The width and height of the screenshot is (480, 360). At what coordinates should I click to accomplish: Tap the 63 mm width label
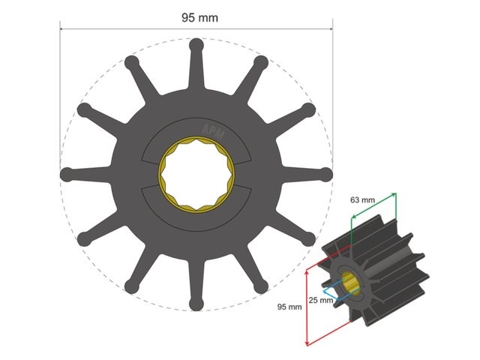click(x=362, y=201)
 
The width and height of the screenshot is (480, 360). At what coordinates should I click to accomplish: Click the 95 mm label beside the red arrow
click(x=289, y=307)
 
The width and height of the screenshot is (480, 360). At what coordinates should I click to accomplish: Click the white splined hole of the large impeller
click(x=196, y=173)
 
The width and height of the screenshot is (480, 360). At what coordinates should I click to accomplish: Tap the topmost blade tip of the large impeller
click(x=196, y=44)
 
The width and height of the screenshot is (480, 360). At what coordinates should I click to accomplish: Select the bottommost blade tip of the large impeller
click(x=196, y=303)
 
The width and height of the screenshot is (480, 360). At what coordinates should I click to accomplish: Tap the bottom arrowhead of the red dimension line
click(x=308, y=344)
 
